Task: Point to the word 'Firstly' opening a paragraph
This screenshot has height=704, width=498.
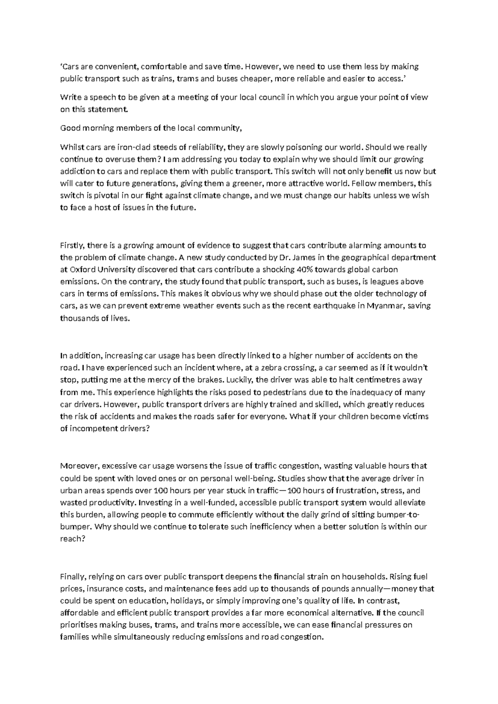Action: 73,245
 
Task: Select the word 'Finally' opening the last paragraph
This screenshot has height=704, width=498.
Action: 73,577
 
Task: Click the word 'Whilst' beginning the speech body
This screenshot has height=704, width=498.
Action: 71,147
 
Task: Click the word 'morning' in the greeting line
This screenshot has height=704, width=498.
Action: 96,128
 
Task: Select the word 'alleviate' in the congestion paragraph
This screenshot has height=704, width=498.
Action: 410,503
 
